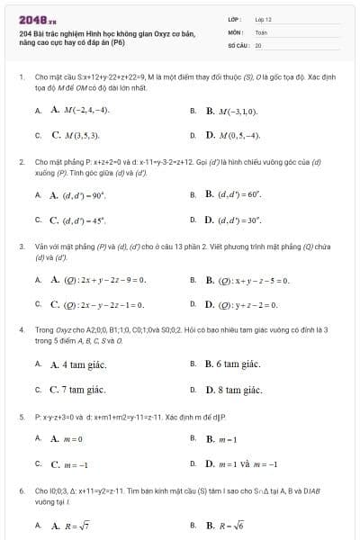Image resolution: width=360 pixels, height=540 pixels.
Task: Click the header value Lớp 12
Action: pos(264,19)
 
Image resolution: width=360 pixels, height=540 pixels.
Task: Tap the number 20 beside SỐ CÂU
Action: pos(258,44)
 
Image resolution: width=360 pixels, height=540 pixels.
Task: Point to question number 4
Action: pos(22,330)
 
